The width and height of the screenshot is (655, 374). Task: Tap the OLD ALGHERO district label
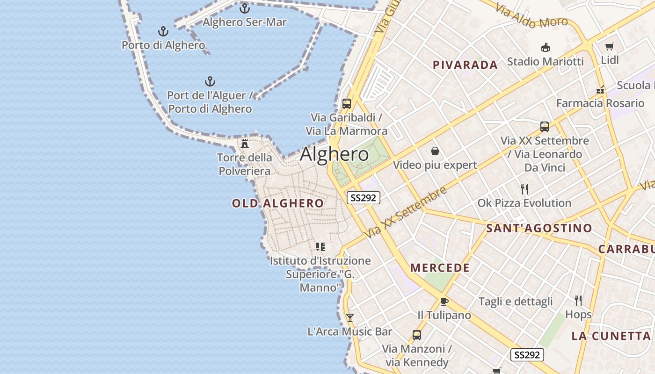277,203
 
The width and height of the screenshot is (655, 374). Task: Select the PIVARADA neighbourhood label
465,65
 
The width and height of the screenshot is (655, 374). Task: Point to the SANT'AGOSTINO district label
539,229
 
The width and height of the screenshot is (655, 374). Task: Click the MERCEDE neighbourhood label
440,268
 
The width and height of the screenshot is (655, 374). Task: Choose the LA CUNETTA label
611,336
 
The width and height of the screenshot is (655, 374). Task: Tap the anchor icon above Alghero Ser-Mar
244,8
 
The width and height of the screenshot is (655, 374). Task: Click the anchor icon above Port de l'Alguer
210,82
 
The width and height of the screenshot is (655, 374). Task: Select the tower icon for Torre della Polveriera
245,143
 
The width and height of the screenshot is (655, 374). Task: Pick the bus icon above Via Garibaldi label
346,104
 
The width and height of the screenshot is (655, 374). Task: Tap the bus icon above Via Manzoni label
416,335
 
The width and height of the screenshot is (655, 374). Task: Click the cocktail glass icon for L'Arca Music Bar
349,318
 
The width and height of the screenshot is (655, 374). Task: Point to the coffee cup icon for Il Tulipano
444,302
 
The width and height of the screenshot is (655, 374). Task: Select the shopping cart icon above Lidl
609,47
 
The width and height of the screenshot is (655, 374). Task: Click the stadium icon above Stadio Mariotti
545,48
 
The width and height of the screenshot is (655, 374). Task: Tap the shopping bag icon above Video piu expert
435,151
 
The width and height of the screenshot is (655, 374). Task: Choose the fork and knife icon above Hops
578,300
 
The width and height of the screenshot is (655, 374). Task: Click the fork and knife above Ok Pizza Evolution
524,189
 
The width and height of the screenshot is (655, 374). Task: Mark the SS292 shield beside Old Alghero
363,198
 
